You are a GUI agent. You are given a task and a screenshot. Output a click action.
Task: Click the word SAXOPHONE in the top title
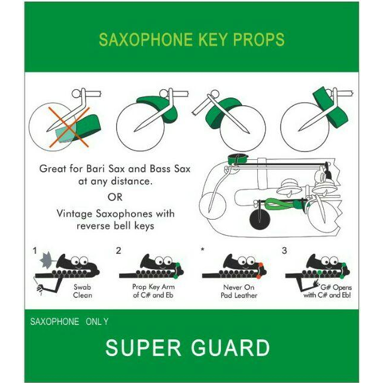pyautogui.click(x=145, y=39)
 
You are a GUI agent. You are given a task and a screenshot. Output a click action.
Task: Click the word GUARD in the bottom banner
pyautogui.click(x=230, y=348)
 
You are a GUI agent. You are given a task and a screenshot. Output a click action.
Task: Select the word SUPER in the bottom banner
pyautogui.click(x=144, y=348)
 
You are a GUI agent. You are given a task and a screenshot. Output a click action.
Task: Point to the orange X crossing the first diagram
pyautogui.click(x=69, y=127)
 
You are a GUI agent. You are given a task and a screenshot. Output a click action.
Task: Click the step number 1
pyautogui.click(x=35, y=251)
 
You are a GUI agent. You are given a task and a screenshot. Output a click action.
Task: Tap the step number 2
pyautogui.click(x=118, y=251)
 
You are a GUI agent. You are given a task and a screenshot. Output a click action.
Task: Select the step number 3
pyautogui.click(x=284, y=251)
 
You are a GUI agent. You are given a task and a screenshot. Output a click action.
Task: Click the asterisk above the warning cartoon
pyautogui.click(x=202, y=250)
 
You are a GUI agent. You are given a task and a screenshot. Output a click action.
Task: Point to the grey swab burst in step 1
pyautogui.click(x=47, y=259)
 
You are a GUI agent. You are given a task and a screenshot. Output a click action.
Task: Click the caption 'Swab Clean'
pyautogui.click(x=83, y=291)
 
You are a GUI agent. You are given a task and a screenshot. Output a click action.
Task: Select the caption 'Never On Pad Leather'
pyautogui.click(x=239, y=291)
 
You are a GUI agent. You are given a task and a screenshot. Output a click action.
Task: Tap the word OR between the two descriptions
pyautogui.click(x=115, y=197)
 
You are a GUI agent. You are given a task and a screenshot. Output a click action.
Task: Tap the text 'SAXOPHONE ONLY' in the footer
pyautogui.click(x=69, y=321)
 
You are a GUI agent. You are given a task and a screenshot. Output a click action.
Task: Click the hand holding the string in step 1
pyautogui.click(x=40, y=289)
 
